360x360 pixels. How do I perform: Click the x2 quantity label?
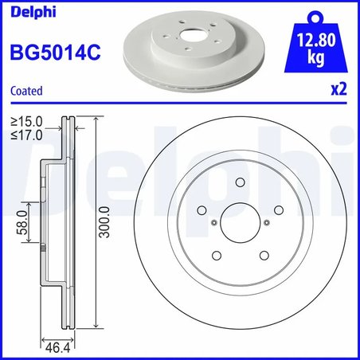(x=338, y=90)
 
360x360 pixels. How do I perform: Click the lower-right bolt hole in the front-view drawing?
(x=263, y=255)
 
